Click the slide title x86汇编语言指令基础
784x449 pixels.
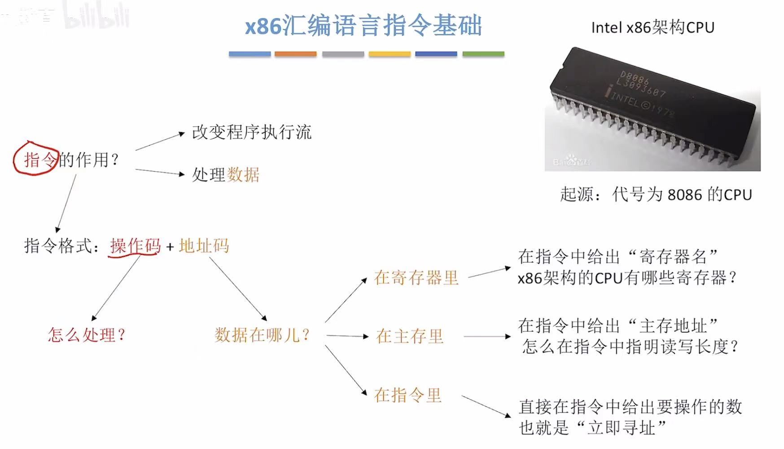pos(363,26)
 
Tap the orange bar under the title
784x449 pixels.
pos(295,54)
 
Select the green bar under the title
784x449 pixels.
pos(483,54)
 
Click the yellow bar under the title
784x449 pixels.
pos(390,54)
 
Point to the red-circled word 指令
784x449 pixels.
pos(39,160)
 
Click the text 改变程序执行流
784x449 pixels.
pos(251,133)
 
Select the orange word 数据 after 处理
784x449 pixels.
pos(243,175)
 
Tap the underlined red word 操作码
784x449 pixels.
pos(135,246)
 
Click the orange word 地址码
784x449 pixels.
pos(204,246)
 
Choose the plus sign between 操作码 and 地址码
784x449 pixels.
pos(170,247)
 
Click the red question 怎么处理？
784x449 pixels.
pos(87,335)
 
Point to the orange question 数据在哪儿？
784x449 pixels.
pos(262,335)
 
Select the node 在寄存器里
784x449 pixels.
pos(416,278)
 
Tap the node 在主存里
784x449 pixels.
pos(409,336)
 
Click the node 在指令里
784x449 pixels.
pos(407,396)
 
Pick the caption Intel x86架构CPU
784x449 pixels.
pos(653,28)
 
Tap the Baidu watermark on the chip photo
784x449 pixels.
pos(571,161)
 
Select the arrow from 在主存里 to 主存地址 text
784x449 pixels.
pos(487,336)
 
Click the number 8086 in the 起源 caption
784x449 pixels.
pos(684,195)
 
